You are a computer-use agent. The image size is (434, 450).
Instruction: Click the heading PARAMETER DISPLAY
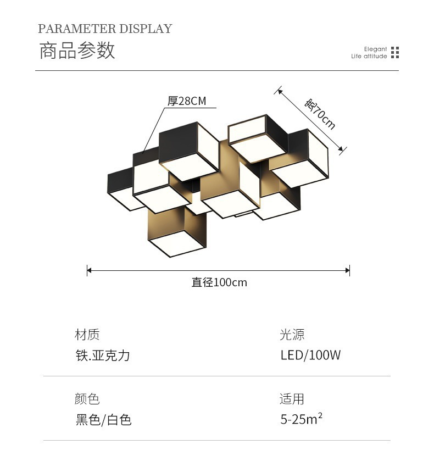pyautogui.click(x=105, y=29)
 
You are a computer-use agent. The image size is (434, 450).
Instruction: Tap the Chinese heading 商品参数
pyautogui.click(x=77, y=50)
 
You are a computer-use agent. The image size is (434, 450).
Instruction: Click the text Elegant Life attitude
pyautogui.click(x=369, y=53)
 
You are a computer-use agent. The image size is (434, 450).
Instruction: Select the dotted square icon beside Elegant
pyautogui.click(x=394, y=53)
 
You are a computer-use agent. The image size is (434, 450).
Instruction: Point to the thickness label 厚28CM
pyautogui.click(x=187, y=101)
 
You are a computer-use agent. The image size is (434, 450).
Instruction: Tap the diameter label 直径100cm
pyautogui.click(x=219, y=282)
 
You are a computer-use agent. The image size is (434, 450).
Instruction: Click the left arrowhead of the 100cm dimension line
pyautogui.click(x=89, y=270)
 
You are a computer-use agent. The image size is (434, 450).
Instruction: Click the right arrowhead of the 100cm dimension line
pyautogui.click(x=348, y=270)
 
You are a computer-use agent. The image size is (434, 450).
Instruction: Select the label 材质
pyautogui.click(x=87, y=334)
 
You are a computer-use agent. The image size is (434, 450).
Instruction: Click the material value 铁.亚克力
pyautogui.click(x=103, y=355)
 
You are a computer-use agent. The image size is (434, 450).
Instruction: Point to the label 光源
pyautogui.click(x=292, y=334)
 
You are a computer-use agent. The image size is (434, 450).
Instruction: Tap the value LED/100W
pyautogui.click(x=310, y=355)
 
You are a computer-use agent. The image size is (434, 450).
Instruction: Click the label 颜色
pyautogui.click(x=87, y=399)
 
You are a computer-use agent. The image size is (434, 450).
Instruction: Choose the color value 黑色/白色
pyautogui.click(x=103, y=420)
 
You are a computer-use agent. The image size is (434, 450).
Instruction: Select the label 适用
pyautogui.click(x=292, y=399)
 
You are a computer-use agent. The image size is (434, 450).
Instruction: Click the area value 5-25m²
pyautogui.click(x=301, y=420)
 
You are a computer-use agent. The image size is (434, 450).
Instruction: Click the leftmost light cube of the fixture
pyautogui.click(x=120, y=190)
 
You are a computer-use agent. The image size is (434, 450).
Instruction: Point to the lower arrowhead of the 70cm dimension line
pyautogui.click(x=342, y=148)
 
